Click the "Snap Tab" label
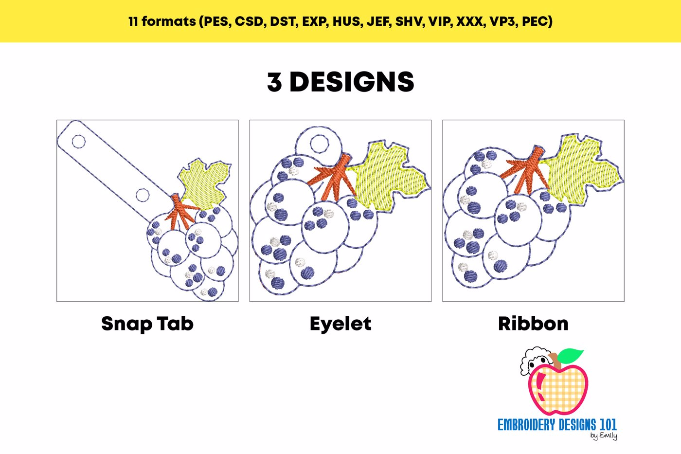point(147,324)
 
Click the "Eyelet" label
point(340,324)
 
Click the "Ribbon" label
point(533,324)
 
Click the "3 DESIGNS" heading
point(340,82)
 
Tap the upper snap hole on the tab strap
point(78,142)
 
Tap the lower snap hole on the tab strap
point(143,195)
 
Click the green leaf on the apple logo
point(570,355)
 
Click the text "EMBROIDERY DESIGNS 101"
point(556,425)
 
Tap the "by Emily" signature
point(604,436)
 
